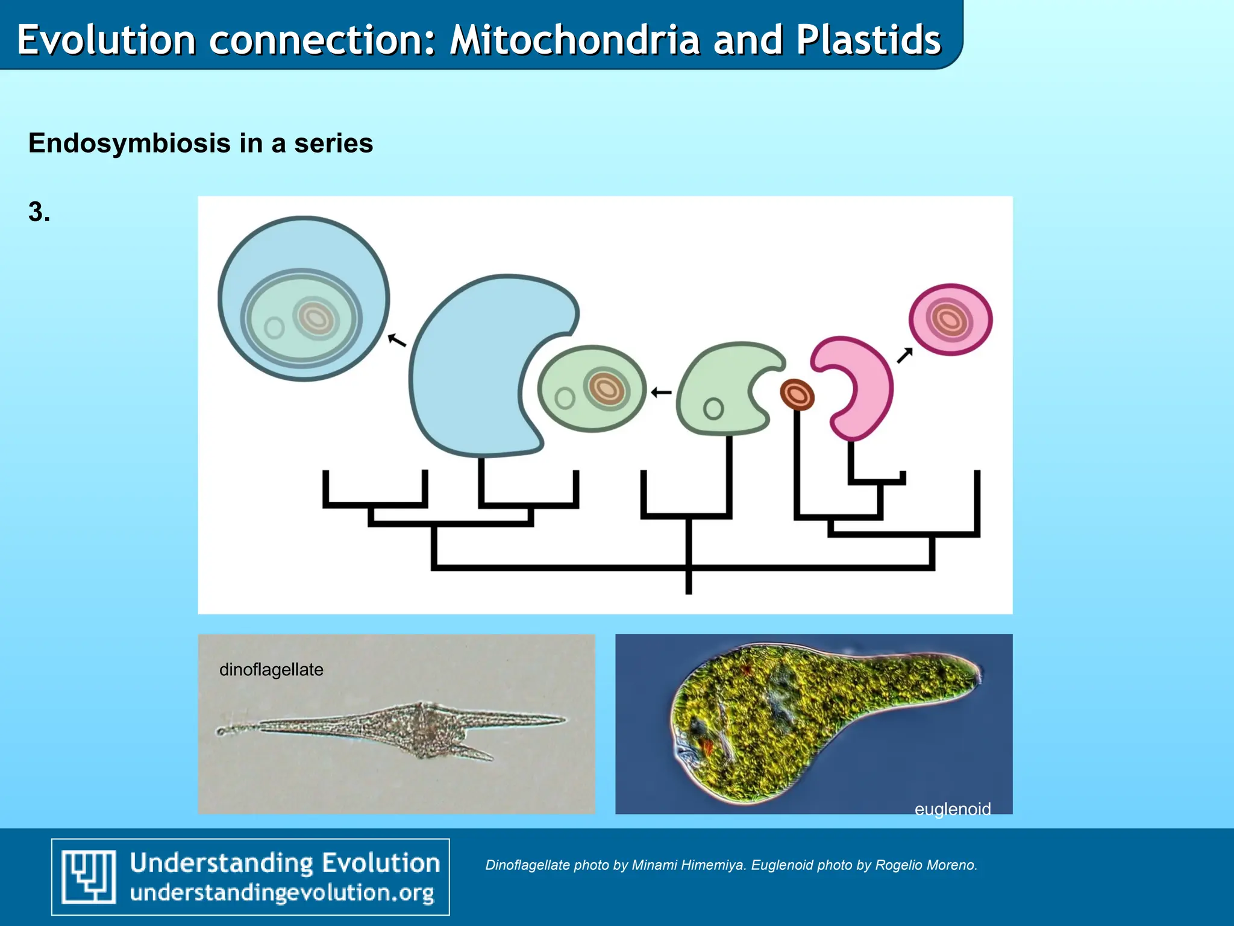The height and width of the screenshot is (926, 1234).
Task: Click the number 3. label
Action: [39, 212]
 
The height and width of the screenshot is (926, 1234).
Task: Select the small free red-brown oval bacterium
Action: [797, 395]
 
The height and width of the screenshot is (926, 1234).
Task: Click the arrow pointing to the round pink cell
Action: [904, 356]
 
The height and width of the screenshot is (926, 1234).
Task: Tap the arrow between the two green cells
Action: [661, 392]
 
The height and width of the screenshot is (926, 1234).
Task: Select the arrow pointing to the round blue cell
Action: [396, 341]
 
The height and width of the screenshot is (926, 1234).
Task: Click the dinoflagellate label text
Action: [271, 670]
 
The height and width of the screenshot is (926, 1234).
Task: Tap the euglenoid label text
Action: [952, 808]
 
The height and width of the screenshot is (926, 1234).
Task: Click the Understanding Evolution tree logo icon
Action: [89, 877]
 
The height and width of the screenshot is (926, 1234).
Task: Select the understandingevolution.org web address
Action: [282, 893]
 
